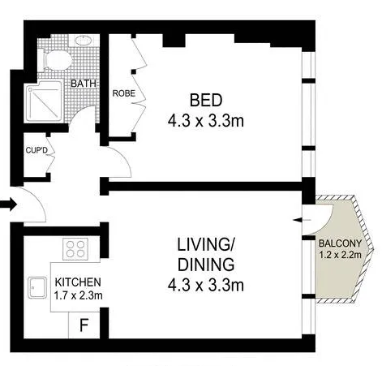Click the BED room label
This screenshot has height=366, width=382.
pyautogui.click(x=206, y=100)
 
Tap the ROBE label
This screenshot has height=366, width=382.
pyautogui.click(x=124, y=93)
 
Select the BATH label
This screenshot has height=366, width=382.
pyautogui.click(x=84, y=84)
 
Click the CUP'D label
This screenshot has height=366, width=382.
pyautogui.click(x=36, y=150)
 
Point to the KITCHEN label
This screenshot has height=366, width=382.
pyautogui.click(x=78, y=282)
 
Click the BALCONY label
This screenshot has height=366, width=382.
pyautogui.click(x=340, y=243)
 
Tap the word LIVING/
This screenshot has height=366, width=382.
pyautogui.click(x=206, y=244)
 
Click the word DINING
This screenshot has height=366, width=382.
pyautogui.click(x=206, y=265)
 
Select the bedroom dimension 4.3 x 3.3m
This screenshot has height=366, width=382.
pyautogui.click(x=206, y=121)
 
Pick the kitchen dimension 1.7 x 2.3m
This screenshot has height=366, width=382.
pyautogui.click(x=78, y=295)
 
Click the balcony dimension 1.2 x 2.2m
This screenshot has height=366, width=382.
pyautogui.click(x=340, y=255)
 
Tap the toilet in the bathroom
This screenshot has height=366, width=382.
pyautogui.click(x=55, y=60)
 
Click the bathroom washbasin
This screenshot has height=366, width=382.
pyautogui.click(x=84, y=41)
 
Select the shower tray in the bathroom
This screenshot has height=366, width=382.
pyautogui.click(x=44, y=101)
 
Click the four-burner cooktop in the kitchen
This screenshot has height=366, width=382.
pyautogui.click(x=75, y=249)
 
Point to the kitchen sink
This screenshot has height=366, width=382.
pyautogui.click(x=37, y=287)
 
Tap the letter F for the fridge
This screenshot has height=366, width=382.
pyautogui.click(x=84, y=325)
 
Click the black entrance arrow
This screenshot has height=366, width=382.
pyautogui.click(x=8, y=205)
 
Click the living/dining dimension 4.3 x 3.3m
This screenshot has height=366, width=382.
pyautogui.click(x=206, y=285)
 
